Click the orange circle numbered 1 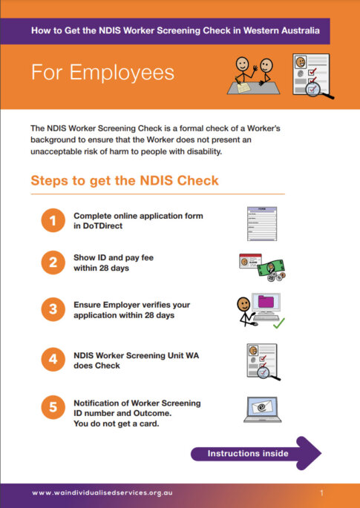click(53, 220)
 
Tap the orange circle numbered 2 click(53, 263)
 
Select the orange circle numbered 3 click(53, 310)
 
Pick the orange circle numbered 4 click(53, 360)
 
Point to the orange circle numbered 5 click(53, 407)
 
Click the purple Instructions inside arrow click(255, 453)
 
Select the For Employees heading click(102, 72)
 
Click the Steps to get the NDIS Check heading click(125, 181)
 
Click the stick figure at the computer click(244, 310)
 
